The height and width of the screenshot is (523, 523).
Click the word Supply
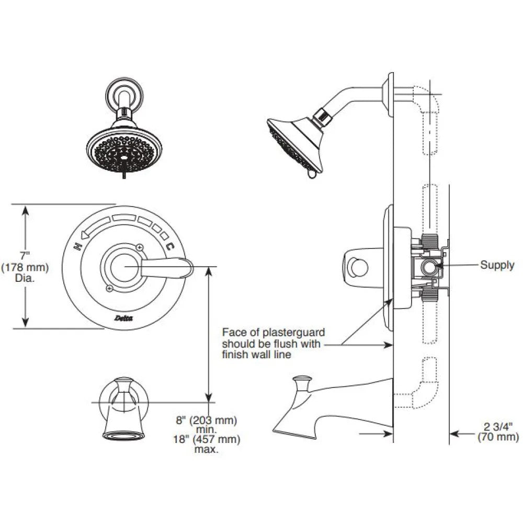point(497,265)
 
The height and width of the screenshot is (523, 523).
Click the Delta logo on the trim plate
point(123,318)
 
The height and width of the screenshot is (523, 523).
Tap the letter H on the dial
point(77,246)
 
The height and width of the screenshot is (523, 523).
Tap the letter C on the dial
point(170,246)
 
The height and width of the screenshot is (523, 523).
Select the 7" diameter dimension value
point(25,256)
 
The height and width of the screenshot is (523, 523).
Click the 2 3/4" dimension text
point(498,427)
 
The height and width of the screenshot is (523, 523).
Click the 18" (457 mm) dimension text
point(207,439)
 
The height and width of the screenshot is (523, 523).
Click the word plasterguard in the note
point(293,333)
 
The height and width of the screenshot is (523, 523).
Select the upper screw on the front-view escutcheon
point(140,247)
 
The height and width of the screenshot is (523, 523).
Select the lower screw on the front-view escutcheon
point(109,288)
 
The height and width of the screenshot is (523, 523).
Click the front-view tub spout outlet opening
point(124,436)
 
